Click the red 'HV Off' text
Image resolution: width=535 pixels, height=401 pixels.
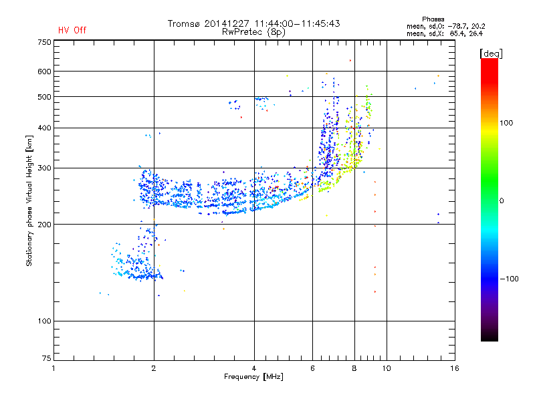click(72, 30)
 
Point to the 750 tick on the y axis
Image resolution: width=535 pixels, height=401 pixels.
click(44, 42)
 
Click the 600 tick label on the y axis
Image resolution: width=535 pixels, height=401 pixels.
click(44, 72)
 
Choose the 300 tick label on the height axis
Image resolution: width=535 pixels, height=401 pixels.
click(44, 168)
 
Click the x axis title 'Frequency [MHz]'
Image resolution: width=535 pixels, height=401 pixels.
click(253, 378)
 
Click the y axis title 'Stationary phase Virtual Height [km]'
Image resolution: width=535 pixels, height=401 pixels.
click(29, 201)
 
